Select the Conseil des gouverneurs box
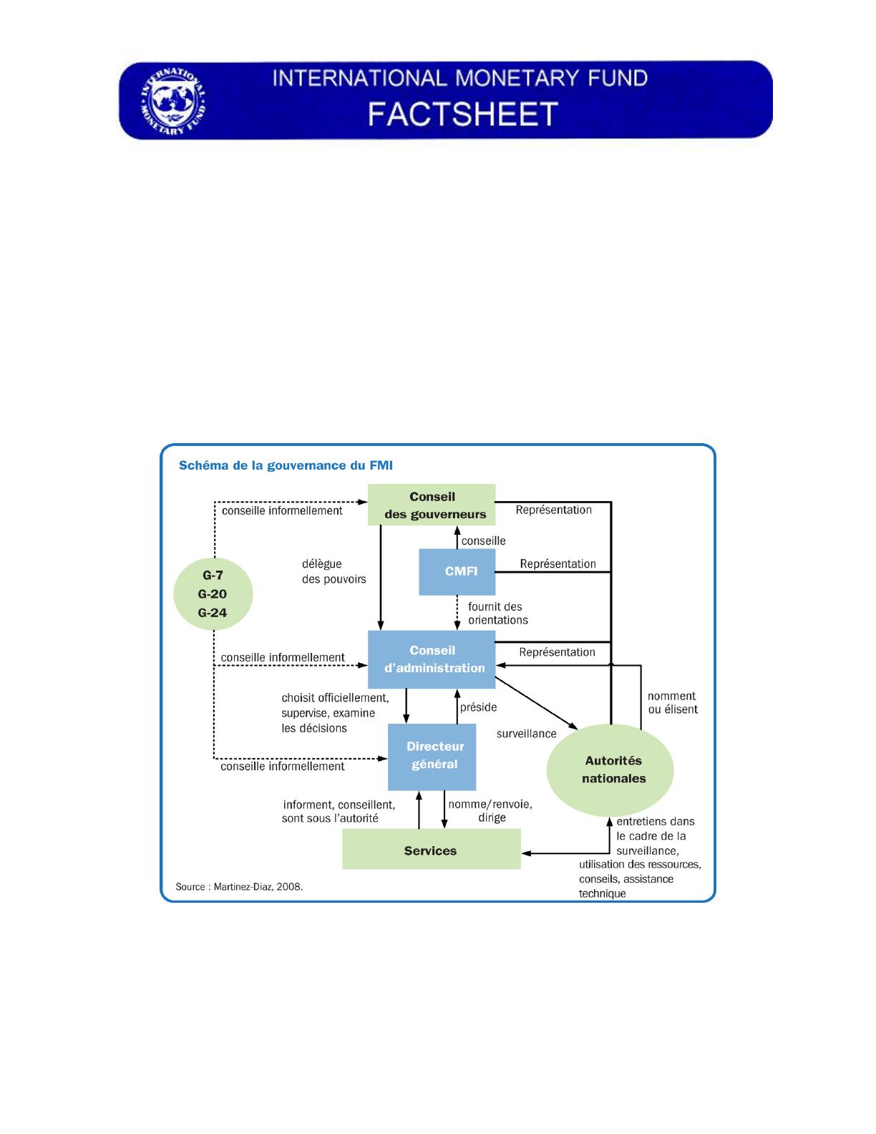tap(432, 505)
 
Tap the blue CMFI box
tap(457, 572)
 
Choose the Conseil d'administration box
tap(432, 659)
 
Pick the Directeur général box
tap(432, 755)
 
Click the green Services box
tap(431, 850)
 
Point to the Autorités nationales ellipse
tap(610, 770)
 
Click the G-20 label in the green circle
tap(213, 593)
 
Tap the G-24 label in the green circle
tap(213, 612)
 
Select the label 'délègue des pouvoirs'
tap(334, 571)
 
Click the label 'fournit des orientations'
tap(497, 614)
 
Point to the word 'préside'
tap(478, 707)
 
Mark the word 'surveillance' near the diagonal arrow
tap(526, 733)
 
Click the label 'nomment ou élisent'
tap(672, 702)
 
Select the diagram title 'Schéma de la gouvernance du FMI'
tap(286, 465)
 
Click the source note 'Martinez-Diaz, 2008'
tap(239, 886)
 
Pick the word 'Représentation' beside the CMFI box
tap(558, 563)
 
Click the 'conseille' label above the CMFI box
tap(483, 541)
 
